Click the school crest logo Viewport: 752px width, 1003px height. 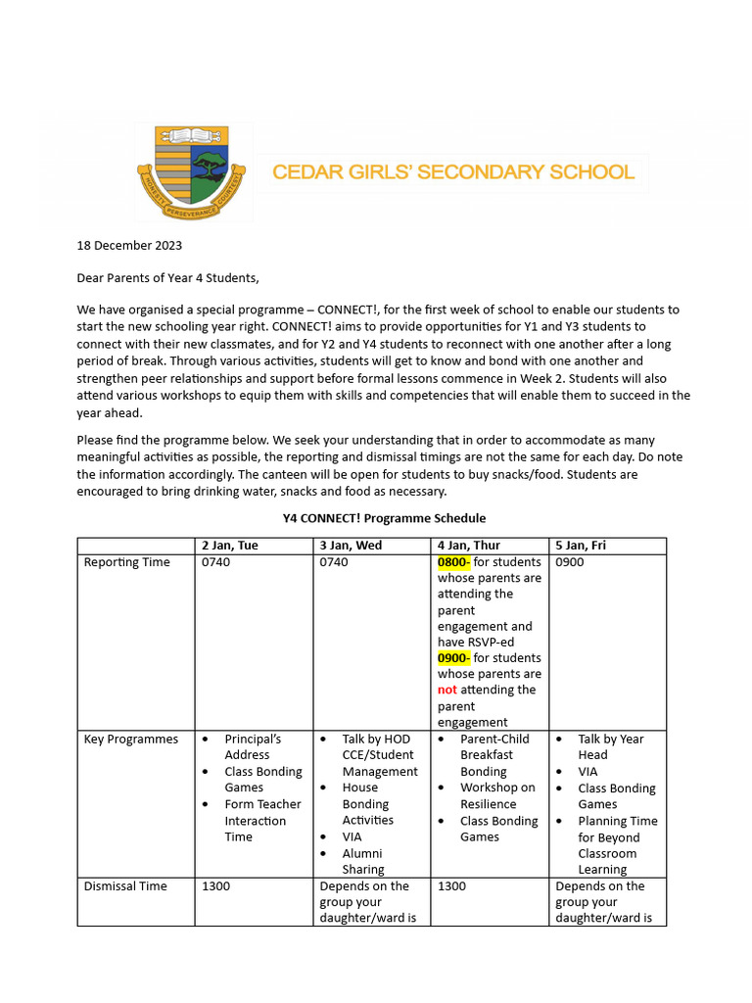(182, 173)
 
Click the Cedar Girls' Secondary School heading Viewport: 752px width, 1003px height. (452, 172)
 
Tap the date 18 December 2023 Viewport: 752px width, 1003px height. (129, 246)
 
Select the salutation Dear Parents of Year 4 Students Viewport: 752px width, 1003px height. (168, 278)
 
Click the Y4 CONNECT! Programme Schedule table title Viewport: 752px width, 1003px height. (378, 518)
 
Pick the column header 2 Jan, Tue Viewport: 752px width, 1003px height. (230, 546)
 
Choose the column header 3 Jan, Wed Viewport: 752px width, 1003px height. (351, 546)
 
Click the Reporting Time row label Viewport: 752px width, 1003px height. (126, 562)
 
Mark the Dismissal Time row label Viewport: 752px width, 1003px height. (125, 886)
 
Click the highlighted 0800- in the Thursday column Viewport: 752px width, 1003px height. (454, 562)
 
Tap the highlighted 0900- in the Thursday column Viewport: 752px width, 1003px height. (454, 658)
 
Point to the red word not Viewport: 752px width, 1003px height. (447, 690)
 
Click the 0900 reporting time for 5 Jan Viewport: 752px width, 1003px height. (570, 562)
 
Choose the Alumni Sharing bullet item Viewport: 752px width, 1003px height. (363, 862)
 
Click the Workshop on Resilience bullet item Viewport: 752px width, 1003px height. (497, 796)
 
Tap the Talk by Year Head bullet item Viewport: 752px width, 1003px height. (610, 747)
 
